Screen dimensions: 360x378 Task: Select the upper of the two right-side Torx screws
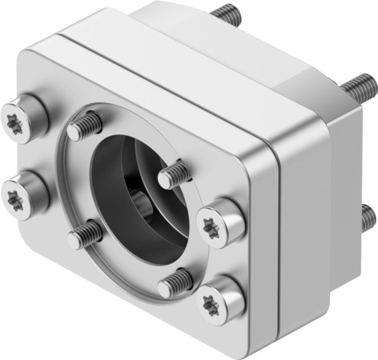click(220, 221)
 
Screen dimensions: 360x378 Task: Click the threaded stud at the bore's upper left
click(85, 126)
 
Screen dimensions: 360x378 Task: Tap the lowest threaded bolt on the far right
click(368, 215)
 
